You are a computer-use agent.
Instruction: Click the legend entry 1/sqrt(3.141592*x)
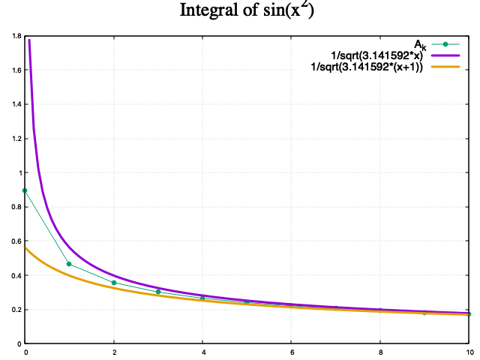point(371,56)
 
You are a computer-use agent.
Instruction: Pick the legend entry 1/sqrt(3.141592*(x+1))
point(367,68)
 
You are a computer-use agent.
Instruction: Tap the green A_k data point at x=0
point(25,190)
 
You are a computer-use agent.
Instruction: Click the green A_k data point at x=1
point(70,264)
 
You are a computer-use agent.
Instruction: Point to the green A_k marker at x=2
point(114,283)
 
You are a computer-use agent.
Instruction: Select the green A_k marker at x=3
point(158,291)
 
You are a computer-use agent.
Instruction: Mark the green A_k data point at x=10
point(469,314)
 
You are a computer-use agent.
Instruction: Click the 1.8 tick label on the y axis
point(16,36)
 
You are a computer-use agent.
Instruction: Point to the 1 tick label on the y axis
point(19,172)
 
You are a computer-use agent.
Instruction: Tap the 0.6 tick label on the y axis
point(16,241)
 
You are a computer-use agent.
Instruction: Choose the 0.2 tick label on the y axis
point(16,310)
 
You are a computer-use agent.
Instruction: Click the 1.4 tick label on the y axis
point(16,104)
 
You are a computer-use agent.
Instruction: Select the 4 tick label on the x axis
point(202,352)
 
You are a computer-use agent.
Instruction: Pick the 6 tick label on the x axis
point(292,352)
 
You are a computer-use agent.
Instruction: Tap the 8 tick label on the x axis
point(380,352)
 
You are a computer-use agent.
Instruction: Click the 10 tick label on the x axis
point(469,352)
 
